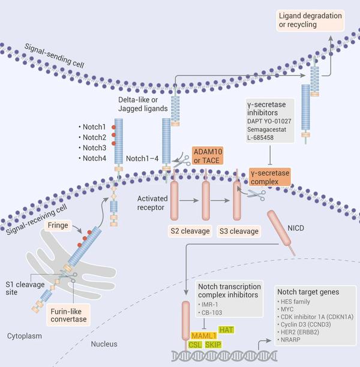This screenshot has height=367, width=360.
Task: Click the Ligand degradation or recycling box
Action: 310,20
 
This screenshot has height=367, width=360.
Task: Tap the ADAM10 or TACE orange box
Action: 208,156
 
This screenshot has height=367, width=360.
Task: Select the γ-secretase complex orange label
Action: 270,177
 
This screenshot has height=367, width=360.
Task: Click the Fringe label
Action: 58,225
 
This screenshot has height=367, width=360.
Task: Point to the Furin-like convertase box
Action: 68,315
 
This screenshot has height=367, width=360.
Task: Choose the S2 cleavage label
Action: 190,231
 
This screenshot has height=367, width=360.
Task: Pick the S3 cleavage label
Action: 239,231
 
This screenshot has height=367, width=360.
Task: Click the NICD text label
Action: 296,228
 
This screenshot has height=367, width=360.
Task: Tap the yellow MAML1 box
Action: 204,336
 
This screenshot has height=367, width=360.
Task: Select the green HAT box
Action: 226,330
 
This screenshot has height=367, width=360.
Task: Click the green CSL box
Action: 195,345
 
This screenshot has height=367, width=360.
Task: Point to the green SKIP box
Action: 213,345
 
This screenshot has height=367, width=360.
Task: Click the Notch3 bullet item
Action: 92,148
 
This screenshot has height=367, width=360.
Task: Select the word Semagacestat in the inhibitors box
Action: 266,130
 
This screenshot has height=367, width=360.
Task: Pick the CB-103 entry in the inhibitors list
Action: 211,312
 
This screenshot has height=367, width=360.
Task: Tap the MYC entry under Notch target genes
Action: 285,309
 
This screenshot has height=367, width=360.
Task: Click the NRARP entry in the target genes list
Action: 289,339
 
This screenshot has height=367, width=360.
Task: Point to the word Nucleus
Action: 104,344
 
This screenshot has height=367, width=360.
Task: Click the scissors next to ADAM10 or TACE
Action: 182,161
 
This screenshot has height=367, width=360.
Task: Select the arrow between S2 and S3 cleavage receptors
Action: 220,200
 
